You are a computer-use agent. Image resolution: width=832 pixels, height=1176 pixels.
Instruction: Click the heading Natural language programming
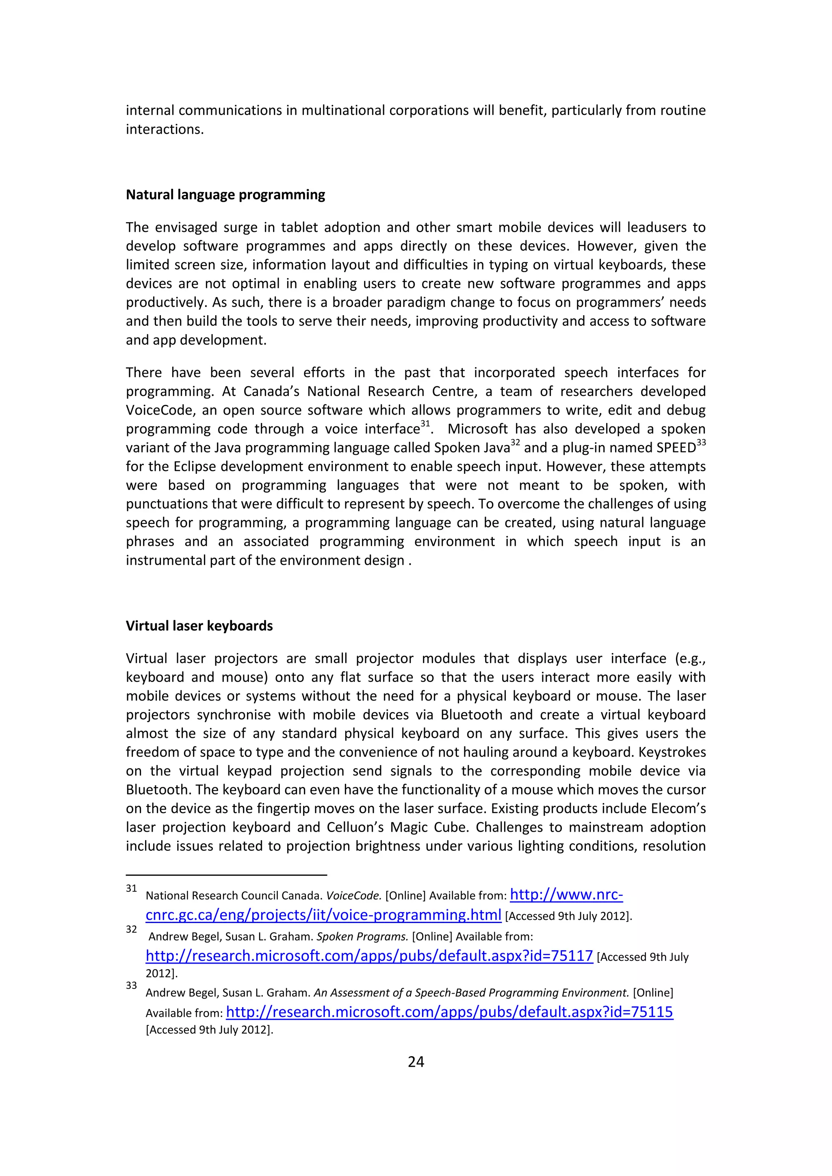pos(225,195)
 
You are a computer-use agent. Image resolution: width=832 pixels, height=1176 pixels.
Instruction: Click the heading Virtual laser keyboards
pos(199,626)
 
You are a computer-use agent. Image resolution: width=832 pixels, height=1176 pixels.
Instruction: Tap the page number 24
pos(416,1062)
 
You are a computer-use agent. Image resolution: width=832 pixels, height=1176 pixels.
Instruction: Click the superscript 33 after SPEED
pos(701,442)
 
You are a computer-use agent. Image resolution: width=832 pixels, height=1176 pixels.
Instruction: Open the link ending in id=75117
pos(369,956)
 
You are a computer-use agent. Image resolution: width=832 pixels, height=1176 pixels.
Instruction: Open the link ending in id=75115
pos(449,1012)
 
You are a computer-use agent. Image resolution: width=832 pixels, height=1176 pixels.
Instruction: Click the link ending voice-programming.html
pos(323,915)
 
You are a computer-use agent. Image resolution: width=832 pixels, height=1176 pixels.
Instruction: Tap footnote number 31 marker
pos(131,888)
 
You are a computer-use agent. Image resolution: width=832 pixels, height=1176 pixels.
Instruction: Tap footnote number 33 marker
pos(131,986)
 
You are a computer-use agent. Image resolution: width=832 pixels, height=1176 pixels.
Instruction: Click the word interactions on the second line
pos(165,130)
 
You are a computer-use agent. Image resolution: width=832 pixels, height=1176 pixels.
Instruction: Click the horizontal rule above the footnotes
pos(226,875)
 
